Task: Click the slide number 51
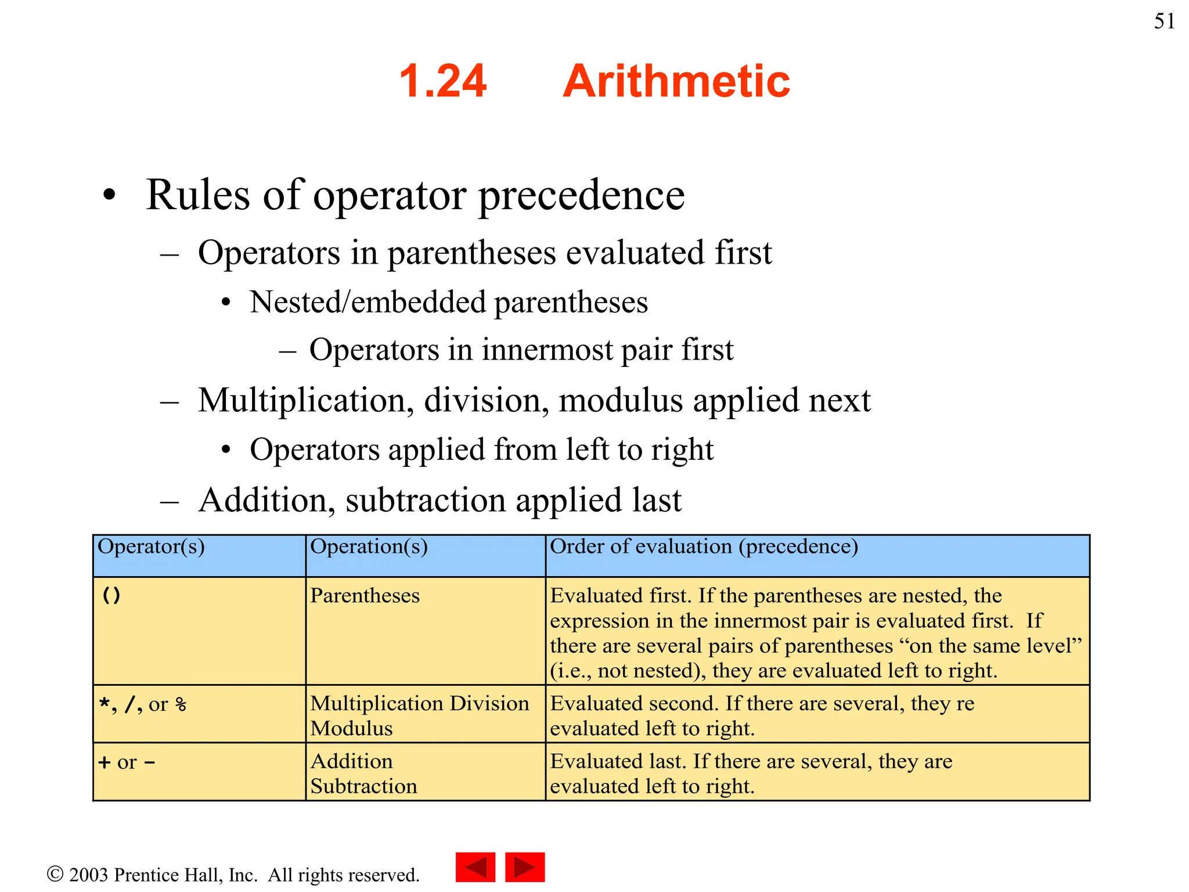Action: click(1164, 21)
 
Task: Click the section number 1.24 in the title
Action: click(442, 81)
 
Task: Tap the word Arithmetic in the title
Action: click(676, 81)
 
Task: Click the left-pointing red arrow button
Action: click(475, 867)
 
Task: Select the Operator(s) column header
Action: click(151, 547)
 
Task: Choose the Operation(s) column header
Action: click(369, 547)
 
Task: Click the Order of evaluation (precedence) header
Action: click(704, 547)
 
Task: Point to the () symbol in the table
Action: click(111, 595)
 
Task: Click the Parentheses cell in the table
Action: click(365, 596)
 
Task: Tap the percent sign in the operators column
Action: click(181, 705)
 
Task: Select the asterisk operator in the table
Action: click(104, 704)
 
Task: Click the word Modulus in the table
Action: click(351, 729)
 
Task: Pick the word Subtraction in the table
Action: click(363, 786)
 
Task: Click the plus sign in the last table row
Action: click(105, 762)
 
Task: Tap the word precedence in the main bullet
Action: click(581, 196)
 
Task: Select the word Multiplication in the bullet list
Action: click(301, 401)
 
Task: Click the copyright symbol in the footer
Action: click(55, 874)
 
